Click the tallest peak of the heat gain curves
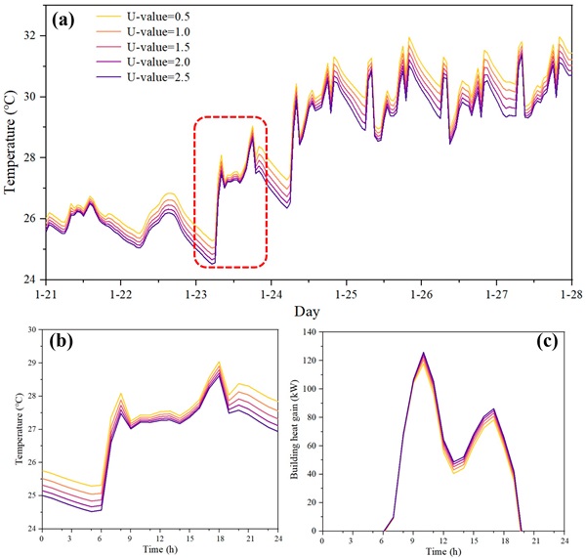pos(424,354)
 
